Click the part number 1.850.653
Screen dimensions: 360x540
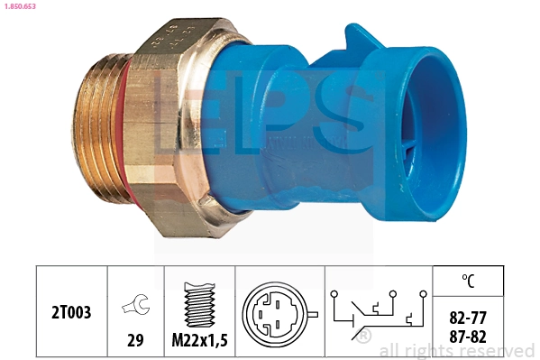coord(21,6)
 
